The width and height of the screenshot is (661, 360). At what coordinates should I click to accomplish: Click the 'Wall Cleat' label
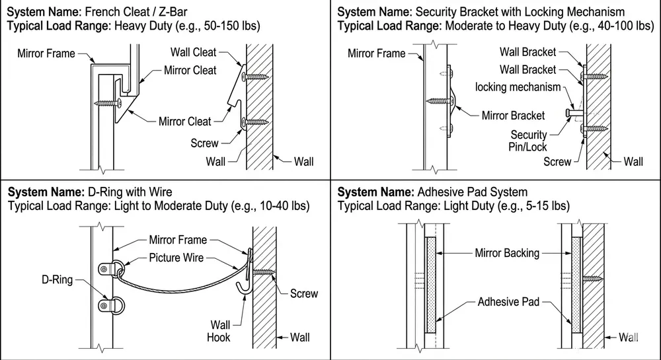(194, 52)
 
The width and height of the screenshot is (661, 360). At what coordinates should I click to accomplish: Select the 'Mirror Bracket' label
(513, 116)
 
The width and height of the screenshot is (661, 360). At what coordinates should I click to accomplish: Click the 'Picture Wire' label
(176, 257)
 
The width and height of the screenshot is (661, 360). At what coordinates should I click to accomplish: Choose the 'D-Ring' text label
(57, 281)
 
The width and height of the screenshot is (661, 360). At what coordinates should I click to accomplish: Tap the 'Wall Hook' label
(220, 330)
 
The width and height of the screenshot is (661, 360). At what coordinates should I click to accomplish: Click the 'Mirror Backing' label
(507, 252)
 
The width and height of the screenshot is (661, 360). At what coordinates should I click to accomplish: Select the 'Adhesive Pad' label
(508, 302)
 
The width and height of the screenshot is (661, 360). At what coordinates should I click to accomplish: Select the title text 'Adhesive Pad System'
(473, 192)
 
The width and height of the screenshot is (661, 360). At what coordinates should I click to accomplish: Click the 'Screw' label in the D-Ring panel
(304, 293)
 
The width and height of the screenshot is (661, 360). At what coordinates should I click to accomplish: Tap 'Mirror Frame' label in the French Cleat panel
(46, 53)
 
